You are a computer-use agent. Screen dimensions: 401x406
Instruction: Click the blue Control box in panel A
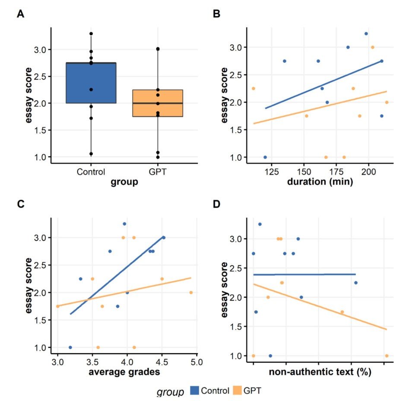92,83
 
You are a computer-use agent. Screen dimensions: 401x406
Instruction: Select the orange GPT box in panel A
158,103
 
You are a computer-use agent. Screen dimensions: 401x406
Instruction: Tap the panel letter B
217,14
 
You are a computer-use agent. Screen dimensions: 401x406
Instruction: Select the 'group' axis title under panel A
125,182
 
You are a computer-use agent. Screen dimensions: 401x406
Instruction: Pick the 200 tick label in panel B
368,172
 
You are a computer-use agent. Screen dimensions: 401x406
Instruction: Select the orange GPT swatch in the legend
236,391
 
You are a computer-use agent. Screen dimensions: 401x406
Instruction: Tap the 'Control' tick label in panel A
92,172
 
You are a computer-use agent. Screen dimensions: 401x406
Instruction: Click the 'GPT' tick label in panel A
158,172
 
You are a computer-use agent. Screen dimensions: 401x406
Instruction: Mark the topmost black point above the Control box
92,34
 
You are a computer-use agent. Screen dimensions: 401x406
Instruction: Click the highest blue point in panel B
366,33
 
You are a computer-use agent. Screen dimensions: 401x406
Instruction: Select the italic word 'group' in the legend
171,391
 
